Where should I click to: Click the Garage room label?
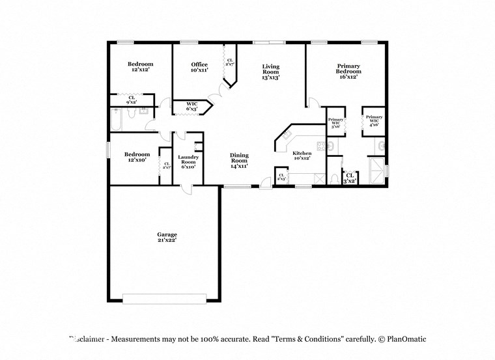tap(167, 237)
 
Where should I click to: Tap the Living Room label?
tap(271, 72)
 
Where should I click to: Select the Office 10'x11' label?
tap(199, 67)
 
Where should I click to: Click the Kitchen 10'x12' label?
tap(302, 155)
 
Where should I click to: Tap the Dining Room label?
tap(239, 161)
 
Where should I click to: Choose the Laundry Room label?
tap(188, 161)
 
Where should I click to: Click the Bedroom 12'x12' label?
tap(140, 66)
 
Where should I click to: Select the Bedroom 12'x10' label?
tap(136, 157)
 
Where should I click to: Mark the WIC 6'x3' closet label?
tap(192, 106)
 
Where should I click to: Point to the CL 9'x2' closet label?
tap(132, 100)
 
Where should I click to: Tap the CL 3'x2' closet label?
tap(350, 178)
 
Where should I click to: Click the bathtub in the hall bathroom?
tap(121, 120)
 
